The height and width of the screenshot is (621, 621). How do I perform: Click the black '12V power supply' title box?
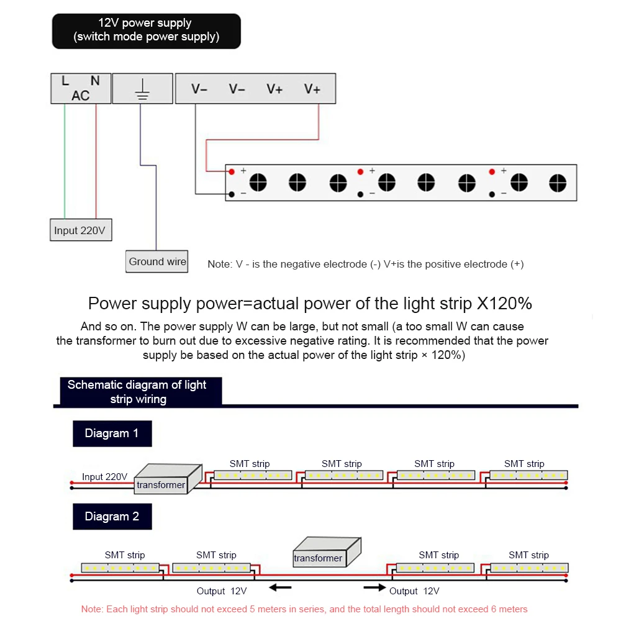(x=146, y=30)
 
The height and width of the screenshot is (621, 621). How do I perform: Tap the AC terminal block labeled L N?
(x=80, y=88)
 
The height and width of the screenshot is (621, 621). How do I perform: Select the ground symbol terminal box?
(x=142, y=88)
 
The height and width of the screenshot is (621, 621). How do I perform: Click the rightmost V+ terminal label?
(x=312, y=89)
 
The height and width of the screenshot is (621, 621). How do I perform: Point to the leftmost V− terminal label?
(x=199, y=89)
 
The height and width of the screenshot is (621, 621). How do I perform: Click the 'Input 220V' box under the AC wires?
(x=79, y=230)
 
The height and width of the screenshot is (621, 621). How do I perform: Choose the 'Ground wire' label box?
(x=157, y=261)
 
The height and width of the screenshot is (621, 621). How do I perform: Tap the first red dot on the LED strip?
(x=231, y=171)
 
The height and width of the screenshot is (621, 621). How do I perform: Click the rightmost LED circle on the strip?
(x=557, y=183)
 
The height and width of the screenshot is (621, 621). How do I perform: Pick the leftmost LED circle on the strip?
(x=258, y=183)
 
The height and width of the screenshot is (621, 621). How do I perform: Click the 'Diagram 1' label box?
(x=112, y=433)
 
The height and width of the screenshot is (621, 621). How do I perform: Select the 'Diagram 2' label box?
(x=112, y=517)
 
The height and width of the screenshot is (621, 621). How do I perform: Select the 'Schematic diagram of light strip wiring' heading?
(x=137, y=392)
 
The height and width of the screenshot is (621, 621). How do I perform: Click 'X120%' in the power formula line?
(x=504, y=304)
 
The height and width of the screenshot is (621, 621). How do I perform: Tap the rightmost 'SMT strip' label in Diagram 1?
(x=524, y=464)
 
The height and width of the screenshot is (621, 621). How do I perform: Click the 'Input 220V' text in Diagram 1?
(x=104, y=477)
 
